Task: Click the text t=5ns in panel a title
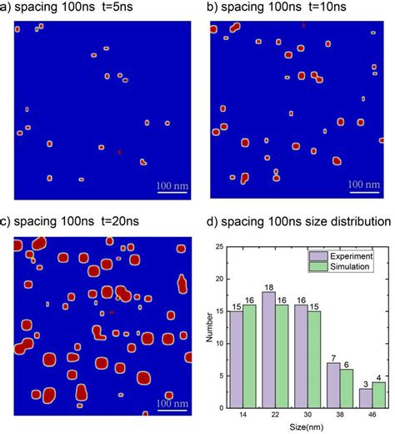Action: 121,8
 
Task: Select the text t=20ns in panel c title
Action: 122,222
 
